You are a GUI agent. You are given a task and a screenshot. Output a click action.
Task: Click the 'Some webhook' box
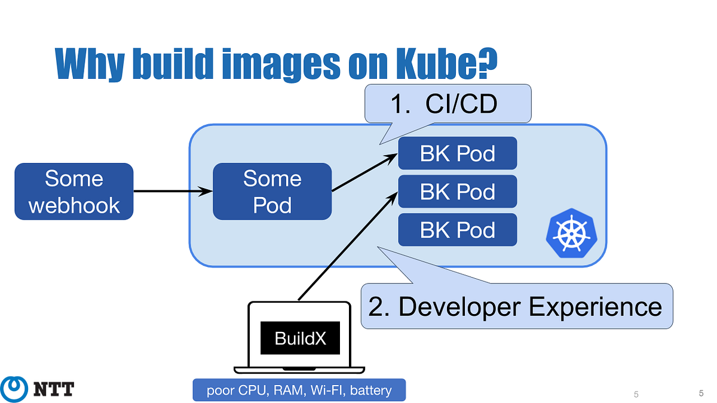74,192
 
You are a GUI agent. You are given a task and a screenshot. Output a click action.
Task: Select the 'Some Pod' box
272,192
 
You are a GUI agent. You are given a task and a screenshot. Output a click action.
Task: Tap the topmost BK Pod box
457,153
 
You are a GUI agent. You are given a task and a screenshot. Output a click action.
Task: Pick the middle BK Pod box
457,192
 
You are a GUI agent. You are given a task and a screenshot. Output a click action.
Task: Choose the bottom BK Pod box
457,230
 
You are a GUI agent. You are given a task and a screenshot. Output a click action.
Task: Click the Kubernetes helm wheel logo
571,233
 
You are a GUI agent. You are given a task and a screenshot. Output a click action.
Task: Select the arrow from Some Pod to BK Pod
364,173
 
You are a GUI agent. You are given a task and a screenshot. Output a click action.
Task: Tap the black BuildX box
300,339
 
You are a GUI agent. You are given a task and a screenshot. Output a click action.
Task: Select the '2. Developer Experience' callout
516,306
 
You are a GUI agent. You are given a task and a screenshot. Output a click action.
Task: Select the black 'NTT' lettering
53,390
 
